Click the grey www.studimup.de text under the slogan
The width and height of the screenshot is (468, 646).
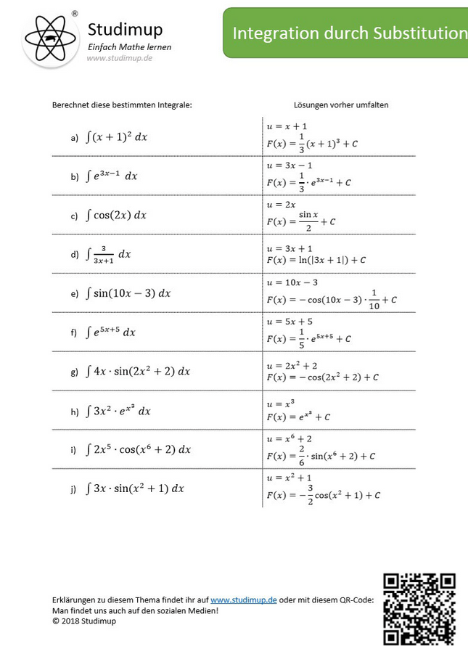click(x=119, y=58)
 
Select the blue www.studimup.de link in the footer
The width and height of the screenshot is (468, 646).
click(x=243, y=600)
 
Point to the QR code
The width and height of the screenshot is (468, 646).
click(x=419, y=608)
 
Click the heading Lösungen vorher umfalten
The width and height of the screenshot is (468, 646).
click(x=341, y=105)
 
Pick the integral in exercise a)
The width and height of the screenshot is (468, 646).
click(x=116, y=136)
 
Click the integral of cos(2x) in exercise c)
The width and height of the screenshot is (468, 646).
click(x=116, y=215)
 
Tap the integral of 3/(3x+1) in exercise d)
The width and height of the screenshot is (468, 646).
click(x=108, y=254)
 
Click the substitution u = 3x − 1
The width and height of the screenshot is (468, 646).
click(x=290, y=165)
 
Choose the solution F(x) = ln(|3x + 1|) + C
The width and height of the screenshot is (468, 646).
click(x=316, y=259)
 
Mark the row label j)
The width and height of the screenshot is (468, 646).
click(x=73, y=489)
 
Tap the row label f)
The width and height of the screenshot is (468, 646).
click(x=73, y=333)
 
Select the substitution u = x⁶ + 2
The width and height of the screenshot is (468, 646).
click(x=290, y=439)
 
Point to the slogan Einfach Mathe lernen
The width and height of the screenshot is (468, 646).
click(x=129, y=46)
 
